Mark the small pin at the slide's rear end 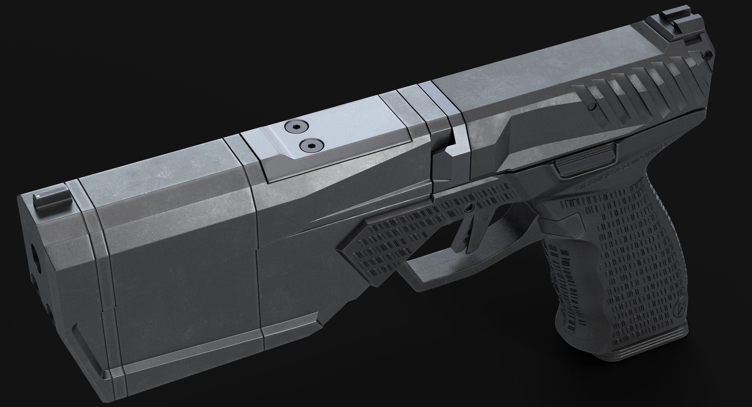(705, 55)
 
